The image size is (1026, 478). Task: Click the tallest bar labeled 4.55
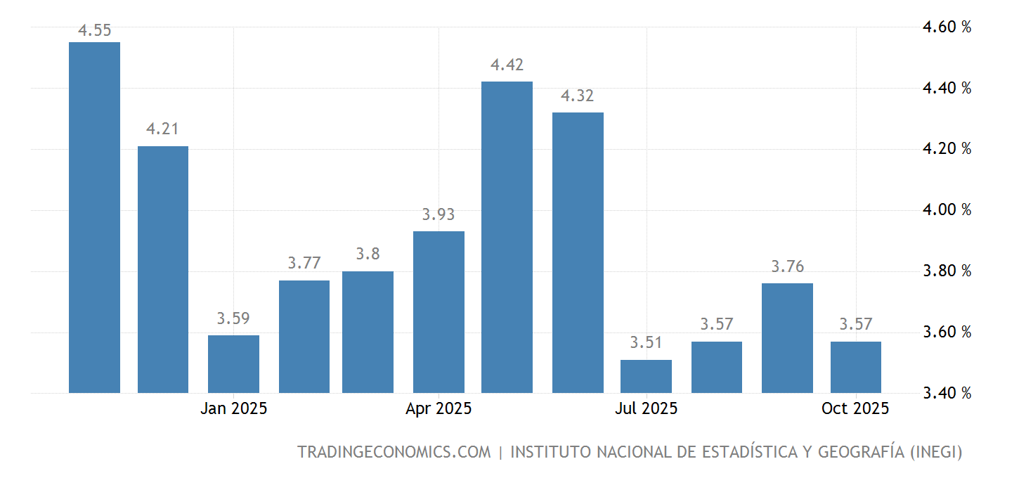(94, 217)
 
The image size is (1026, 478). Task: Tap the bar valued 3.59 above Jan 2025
(233, 364)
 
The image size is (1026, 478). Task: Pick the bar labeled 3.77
(304, 337)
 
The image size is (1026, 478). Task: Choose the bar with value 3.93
(439, 312)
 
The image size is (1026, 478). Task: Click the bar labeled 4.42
(507, 237)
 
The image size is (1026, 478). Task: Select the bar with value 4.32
(578, 252)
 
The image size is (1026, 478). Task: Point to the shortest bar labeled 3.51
(646, 376)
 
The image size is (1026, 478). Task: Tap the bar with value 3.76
(787, 338)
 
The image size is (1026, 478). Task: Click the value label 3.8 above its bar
(368, 254)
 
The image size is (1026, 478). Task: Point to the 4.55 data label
(94, 30)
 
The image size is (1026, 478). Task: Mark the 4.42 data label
(507, 65)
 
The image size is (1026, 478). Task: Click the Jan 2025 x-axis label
(233, 408)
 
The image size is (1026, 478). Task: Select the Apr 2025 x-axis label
(439, 408)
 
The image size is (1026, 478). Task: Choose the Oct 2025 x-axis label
(855, 408)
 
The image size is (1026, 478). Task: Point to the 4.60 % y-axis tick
(947, 27)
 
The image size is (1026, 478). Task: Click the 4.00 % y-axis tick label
(947, 209)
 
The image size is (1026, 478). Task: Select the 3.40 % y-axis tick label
(947, 393)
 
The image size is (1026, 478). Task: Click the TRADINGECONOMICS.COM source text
(394, 452)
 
